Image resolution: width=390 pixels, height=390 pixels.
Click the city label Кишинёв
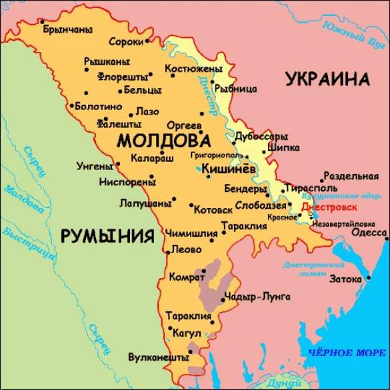point(228,169)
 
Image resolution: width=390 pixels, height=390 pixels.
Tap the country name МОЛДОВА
point(163,141)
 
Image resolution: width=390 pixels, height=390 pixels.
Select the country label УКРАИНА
point(327,79)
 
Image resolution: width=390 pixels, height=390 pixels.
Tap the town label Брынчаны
point(67,30)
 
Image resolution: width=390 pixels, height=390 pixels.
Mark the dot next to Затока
point(368,277)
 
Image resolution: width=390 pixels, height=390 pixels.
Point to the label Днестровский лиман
point(303,269)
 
